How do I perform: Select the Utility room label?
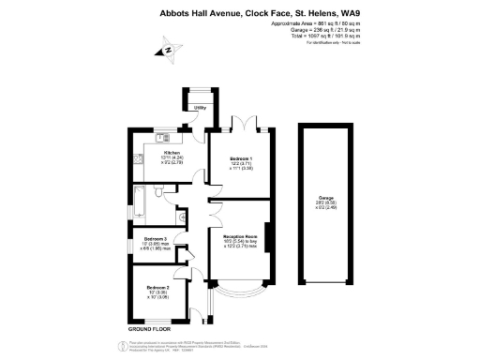[199, 108]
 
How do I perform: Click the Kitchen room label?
[172, 152]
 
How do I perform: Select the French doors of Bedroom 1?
[247, 125]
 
